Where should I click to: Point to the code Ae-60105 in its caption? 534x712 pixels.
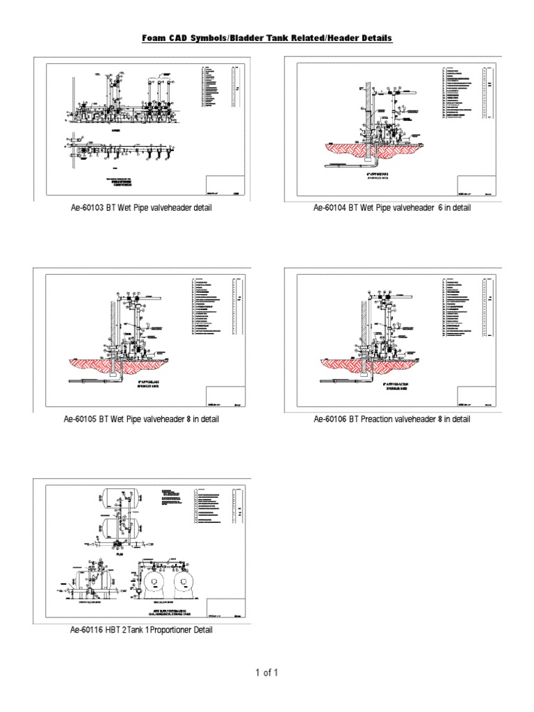[82, 419]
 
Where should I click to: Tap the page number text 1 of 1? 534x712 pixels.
[267, 672]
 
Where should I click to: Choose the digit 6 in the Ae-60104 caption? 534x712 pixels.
[440, 209]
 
